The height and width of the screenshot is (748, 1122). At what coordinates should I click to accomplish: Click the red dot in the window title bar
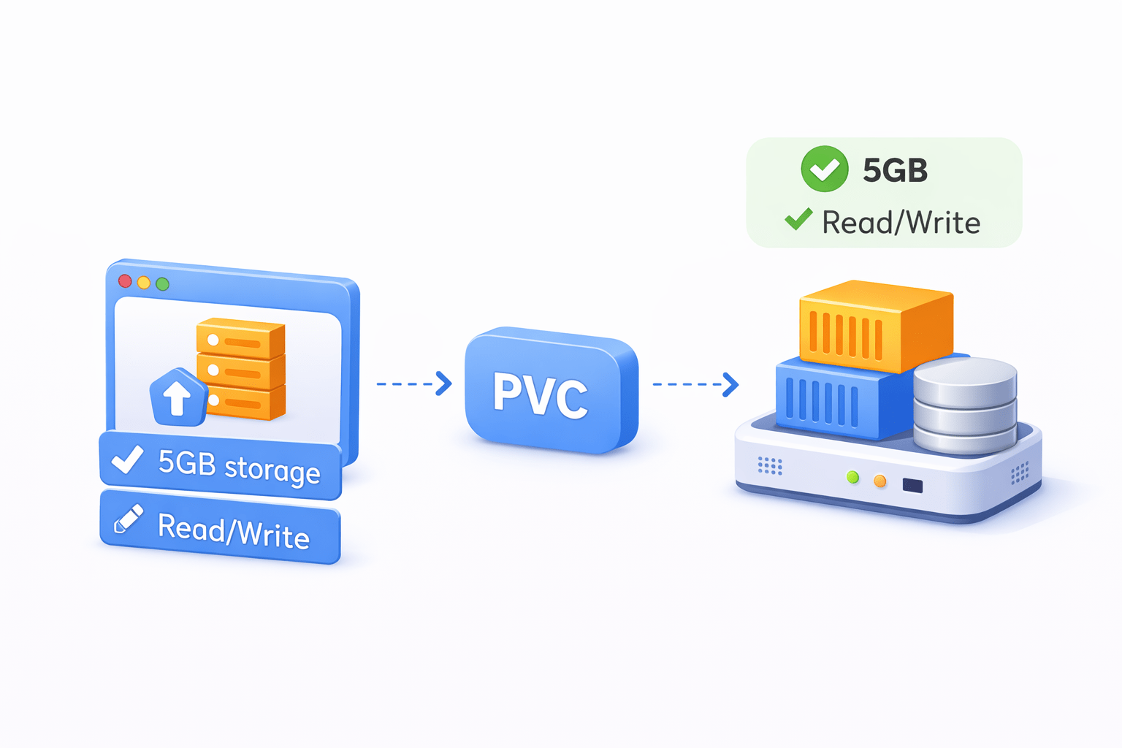tap(125, 280)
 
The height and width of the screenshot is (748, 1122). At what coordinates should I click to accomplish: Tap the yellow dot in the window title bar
tap(144, 283)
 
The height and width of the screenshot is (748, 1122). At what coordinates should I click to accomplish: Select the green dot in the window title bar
tap(163, 284)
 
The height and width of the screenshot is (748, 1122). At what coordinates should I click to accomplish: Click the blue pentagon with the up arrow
tap(177, 398)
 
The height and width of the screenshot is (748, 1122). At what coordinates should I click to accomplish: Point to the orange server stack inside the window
tap(241, 369)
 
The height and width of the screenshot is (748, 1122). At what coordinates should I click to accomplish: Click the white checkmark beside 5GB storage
tap(127, 459)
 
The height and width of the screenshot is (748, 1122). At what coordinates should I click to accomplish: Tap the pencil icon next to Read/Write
tap(129, 519)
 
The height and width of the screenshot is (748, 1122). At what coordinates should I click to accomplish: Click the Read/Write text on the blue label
tap(234, 530)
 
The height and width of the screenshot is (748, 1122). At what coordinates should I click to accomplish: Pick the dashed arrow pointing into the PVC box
tap(413, 383)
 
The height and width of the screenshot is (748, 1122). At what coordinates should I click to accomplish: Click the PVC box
tap(551, 392)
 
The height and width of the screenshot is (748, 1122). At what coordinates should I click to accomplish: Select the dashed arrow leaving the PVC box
tap(695, 384)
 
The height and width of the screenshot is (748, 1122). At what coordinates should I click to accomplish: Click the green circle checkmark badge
tap(825, 169)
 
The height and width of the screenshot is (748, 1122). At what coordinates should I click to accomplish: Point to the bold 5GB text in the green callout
tap(895, 170)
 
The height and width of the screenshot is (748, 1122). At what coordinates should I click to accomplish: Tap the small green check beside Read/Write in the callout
tap(798, 218)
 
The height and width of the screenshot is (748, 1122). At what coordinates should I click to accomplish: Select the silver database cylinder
tap(965, 405)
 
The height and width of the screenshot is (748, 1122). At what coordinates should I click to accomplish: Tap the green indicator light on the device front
tap(852, 477)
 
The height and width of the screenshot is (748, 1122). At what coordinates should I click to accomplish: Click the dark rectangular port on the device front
tap(912, 485)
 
